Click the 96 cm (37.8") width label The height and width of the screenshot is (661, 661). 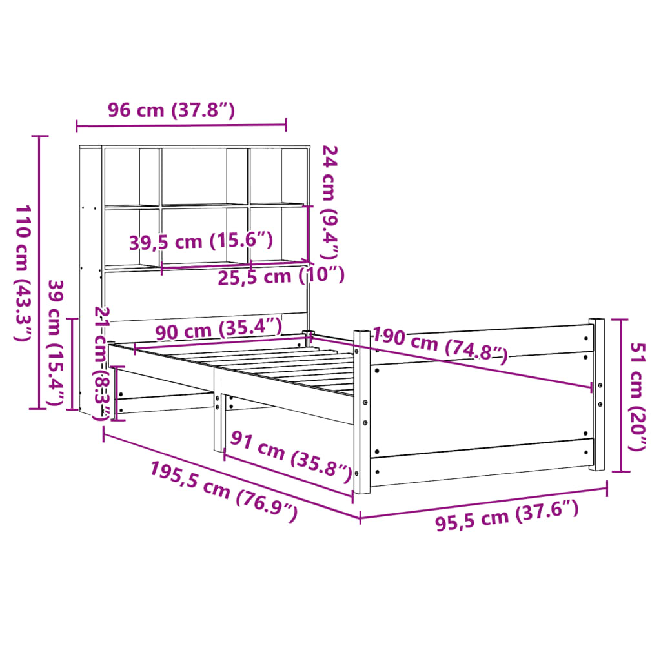pos(171,110)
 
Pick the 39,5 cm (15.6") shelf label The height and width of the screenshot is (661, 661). pos(201,242)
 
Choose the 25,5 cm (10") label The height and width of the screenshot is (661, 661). pos(280,276)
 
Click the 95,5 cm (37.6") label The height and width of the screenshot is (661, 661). pos(506,516)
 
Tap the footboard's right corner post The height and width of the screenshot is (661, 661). pos(596,394)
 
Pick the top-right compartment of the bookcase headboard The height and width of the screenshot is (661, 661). pos(276,176)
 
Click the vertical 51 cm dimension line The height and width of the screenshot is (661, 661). pos(621,395)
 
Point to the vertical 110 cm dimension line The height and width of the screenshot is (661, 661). pos(40,272)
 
